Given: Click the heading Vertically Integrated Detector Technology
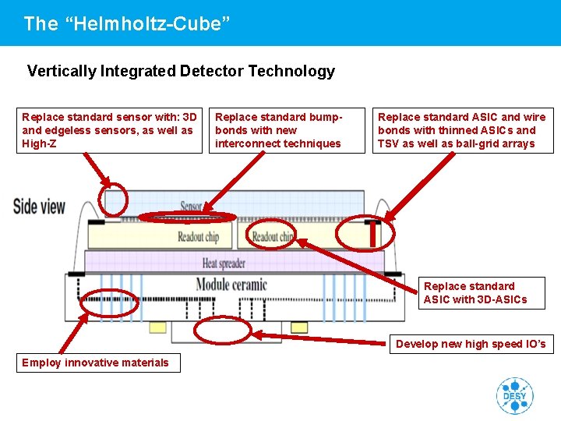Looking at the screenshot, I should tap(181, 71).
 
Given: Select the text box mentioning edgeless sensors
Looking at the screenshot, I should tap(109, 130).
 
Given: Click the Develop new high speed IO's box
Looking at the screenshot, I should tap(471, 344).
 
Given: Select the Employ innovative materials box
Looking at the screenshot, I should tap(97, 363).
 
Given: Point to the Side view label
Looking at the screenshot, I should tap(39, 207).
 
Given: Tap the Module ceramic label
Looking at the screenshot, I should tap(231, 285).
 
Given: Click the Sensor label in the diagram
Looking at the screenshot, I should tap(192, 207).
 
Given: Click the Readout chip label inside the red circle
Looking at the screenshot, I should tap(273, 236).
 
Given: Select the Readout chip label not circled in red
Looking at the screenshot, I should tap(198, 236).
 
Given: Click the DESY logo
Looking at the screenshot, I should tap(514, 395).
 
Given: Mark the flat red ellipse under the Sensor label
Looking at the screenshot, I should tap(187, 218).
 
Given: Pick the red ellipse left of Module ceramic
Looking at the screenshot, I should tap(109, 301).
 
